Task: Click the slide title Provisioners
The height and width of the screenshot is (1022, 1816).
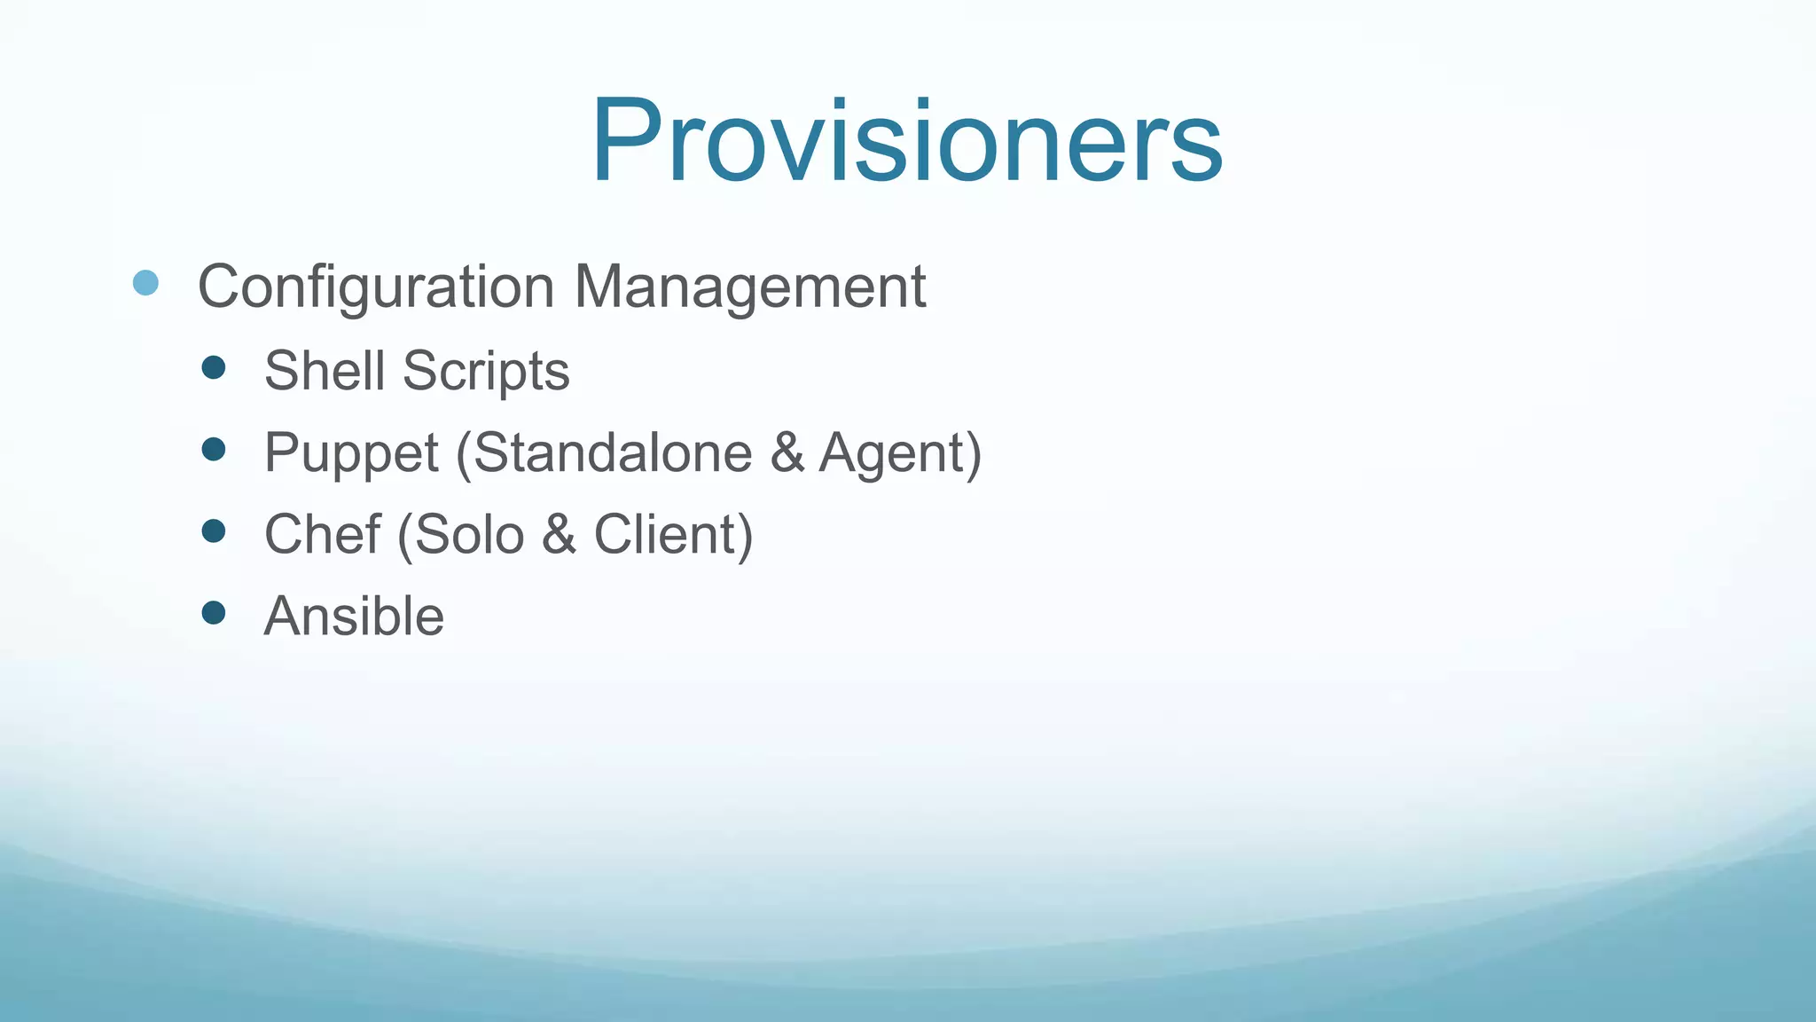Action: click(x=906, y=142)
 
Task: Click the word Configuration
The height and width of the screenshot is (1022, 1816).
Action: click(x=376, y=287)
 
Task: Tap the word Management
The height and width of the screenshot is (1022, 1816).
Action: click(x=749, y=287)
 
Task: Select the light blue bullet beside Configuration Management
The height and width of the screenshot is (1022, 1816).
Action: click(x=145, y=283)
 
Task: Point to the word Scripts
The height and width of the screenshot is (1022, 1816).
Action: click(x=486, y=371)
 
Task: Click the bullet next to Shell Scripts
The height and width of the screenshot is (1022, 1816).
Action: click(x=214, y=367)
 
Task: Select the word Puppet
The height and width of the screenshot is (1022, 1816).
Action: click(x=351, y=453)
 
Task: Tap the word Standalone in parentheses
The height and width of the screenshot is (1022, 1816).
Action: click(x=613, y=452)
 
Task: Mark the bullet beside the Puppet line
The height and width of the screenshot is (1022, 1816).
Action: click(x=214, y=449)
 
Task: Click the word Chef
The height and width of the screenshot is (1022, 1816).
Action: click(x=322, y=534)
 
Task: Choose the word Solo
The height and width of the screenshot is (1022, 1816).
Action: click(x=469, y=534)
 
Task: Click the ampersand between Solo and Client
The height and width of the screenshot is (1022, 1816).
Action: click(x=559, y=534)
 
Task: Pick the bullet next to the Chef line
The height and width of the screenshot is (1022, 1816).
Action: click(x=214, y=531)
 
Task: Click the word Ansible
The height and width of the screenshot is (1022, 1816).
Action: click(x=354, y=616)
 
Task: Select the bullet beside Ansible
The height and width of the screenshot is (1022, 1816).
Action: click(x=214, y=612)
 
